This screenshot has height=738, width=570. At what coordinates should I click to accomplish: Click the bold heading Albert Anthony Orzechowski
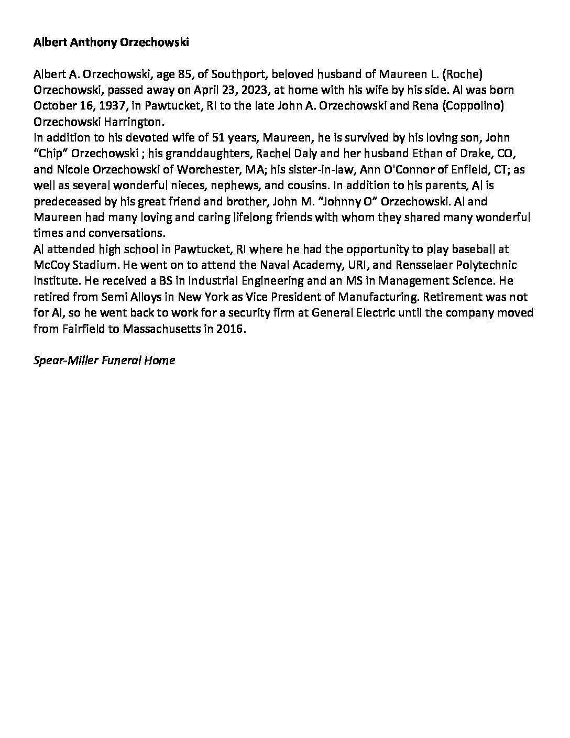(111, 43)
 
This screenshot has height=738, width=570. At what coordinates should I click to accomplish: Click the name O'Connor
(388, 170)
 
